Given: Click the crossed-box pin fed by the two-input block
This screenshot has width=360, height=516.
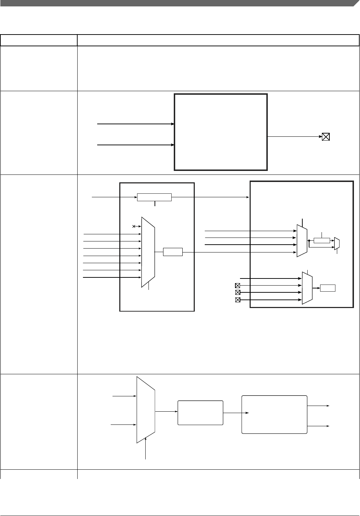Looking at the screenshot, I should click(x=325, y=136).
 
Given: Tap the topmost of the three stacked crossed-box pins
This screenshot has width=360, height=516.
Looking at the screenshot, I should click(x=238, y=285).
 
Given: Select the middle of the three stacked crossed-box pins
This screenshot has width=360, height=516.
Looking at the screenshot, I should click(x=238, y=292).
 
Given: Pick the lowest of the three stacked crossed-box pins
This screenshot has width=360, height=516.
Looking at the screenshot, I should click(x=238, y=300).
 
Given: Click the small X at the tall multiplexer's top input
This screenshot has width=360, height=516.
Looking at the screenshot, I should click(x=134, y=226).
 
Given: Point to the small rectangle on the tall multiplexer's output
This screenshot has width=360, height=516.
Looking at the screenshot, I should click(x=173, y=252).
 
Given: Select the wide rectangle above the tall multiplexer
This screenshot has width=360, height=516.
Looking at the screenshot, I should click(x=154, y=197).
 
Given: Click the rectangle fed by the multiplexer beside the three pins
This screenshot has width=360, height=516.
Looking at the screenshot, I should click(x=328, y=288).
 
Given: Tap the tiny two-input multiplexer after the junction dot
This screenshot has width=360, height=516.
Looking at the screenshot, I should click(x=337, y=244).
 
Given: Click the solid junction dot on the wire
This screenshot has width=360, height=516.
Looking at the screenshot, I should click(x=309, y=241).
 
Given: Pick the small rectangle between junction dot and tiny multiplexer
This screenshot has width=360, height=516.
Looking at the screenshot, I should click(x=322, y=240).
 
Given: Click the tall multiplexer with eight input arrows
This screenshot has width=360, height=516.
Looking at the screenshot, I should click(x=148, y=252).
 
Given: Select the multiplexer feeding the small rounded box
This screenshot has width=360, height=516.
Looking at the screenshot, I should click(x=146, y=410).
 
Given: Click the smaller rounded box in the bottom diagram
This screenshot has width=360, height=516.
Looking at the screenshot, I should click(x=200, y=412).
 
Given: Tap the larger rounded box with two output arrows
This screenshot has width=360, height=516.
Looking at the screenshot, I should click(x=274, y=414).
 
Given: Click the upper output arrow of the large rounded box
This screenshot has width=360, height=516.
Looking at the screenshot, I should click(x=319, y=406).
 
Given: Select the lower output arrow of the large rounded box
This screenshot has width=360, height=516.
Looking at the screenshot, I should click(x=319, y=426).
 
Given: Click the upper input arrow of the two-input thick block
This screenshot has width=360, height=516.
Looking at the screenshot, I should click(x=135, y=124).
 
